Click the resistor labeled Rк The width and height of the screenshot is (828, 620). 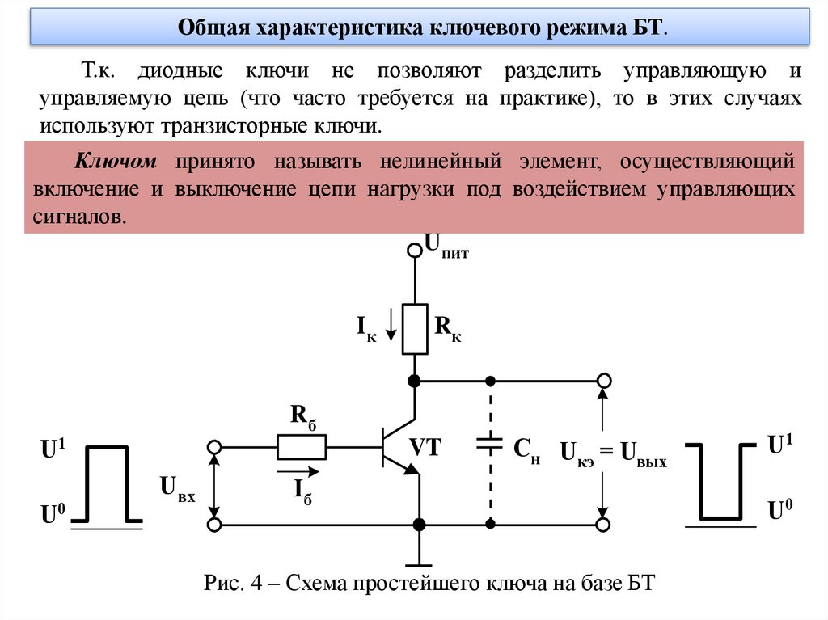pos(415,329)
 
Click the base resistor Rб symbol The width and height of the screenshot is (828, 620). pos(302,445)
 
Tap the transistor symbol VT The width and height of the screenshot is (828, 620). pos(396,446)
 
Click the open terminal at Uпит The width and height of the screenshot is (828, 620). pos(415,251)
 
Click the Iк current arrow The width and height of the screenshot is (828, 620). pos(391,327)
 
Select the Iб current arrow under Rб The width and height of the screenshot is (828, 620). pos(297,470)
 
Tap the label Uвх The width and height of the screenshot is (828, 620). pos(177,487)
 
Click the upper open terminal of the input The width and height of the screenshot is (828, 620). pos(214,446)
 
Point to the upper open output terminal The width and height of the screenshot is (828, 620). pos(603,380)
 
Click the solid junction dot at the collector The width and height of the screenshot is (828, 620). pos(415,380)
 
